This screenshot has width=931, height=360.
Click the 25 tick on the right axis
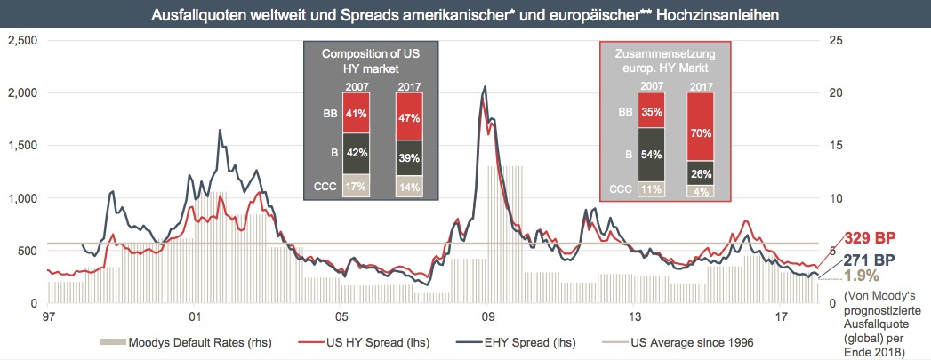click(835, 40)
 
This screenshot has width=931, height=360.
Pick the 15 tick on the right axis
click(835, 145)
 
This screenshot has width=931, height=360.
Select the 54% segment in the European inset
click(652, 155)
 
